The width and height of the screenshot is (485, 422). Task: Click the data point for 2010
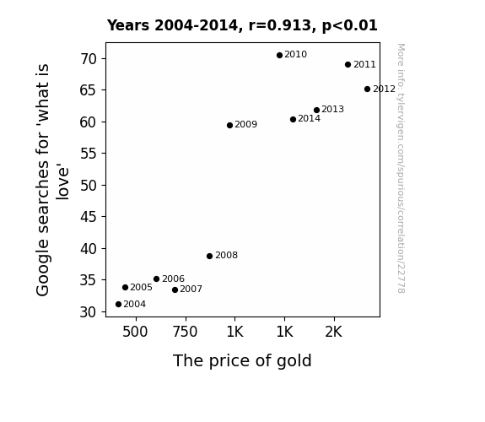click(x=280, y=56)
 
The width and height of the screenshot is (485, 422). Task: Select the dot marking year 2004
click(x=118, y=305)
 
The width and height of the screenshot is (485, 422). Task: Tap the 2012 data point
click(x=367, y=89)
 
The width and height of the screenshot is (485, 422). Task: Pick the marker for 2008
click(x=210, y=256)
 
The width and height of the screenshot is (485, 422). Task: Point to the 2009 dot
click(x=229, y=126)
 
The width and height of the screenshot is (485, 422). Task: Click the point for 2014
click(x=294, y=120)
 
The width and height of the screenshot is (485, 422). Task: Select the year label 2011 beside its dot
click(x=364, y=64)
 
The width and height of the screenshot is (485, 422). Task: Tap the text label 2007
click(x=191, y=289)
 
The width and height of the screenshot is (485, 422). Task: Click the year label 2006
click(x=173, y=279)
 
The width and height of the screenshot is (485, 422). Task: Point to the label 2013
click(x=333, y=109)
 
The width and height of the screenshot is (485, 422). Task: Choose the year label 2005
click(x=142, y=287)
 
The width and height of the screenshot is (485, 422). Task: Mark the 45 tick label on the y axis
click(x=89, y=217)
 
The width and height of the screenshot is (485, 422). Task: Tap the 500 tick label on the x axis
click(x=135, y=332)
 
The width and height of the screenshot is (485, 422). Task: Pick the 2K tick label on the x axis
click(x=334, y=332)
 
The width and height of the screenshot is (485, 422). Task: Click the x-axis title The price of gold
click(x=242, y=361)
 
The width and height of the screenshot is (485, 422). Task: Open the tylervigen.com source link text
click(x=401, y=168)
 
